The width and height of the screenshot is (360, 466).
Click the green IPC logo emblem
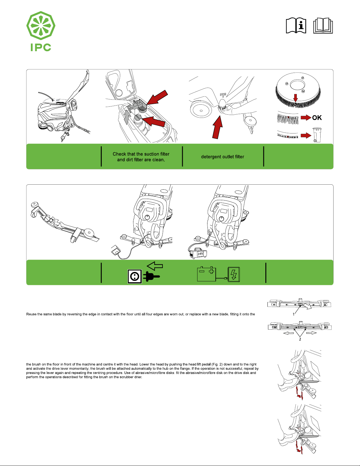[x=41, y=26]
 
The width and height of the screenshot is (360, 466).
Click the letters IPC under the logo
[x=41, y=47]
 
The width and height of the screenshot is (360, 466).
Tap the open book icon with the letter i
[x=296, y=26]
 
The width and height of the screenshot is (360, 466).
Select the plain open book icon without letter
[x=323, y=26]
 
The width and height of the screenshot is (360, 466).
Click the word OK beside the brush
[x=317, y=118]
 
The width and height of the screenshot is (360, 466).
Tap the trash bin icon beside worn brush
[x=317, y=135]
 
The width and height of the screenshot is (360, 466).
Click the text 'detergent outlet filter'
[x=222, y=157]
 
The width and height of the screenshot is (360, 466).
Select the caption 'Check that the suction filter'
[x=141, y=154]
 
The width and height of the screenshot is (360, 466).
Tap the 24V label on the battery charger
[x=200, y=254]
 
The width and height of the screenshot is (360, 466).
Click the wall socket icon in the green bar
[x=135, y=276]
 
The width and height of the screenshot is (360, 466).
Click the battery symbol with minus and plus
[x=206, y=274]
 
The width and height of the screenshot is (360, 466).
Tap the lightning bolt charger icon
[x=234, y=275]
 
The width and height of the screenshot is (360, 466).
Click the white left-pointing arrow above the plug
[x=155, y=266]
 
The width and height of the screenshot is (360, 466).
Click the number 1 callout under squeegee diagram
[x=293, y=314]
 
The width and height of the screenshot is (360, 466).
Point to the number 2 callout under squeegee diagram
[x=300, y=339]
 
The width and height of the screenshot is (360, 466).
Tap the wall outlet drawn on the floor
[x=116, y=251]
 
